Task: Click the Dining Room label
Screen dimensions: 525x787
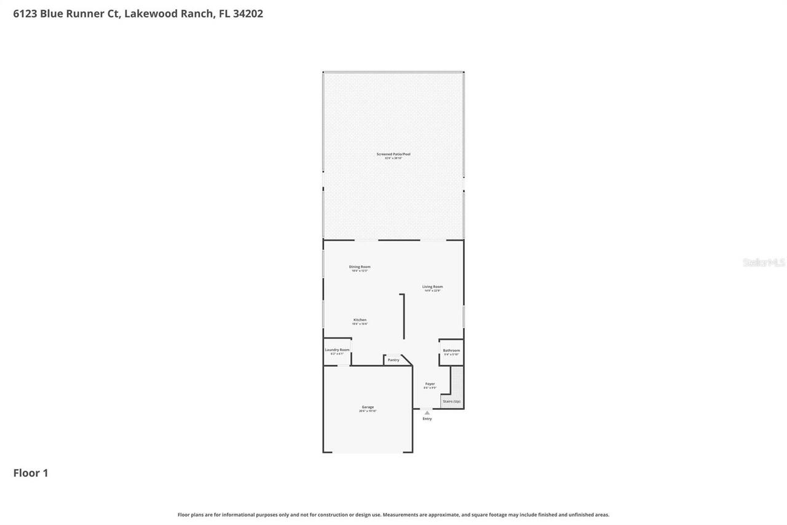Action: [x=360, y=267]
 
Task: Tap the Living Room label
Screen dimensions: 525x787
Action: [x=432, y=286]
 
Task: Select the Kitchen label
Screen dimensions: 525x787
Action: [x=360, y=319]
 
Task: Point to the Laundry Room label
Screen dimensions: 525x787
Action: [x=337, y=350]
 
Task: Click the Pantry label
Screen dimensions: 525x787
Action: [x=393, y=360]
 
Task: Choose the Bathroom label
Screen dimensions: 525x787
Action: [x=451, y=350]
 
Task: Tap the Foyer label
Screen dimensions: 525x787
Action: [x=430, y=383]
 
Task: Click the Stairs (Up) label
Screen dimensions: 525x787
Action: [x=451, y=401]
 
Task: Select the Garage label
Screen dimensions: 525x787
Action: [x=368, y=407]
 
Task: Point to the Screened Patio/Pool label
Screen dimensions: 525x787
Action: [x=393, y=154]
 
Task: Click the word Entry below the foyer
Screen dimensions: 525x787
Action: [x=427, y=419]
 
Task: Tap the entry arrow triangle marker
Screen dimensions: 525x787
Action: [x=427, y=412]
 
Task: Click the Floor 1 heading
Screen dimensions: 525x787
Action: [x=31, y=473]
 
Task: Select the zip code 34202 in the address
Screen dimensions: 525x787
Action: [x=248, y=14]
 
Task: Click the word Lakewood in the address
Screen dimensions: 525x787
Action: [x=151, y=14]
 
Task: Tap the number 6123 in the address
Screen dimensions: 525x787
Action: [x=25, y=14]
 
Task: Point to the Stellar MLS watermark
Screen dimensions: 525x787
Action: [x=764, y=263]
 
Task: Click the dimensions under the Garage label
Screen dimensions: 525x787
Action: [x=368, y=411]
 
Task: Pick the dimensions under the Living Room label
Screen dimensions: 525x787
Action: [x=432, y=291]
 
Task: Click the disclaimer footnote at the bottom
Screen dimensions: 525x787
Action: [x=393, y=515]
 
